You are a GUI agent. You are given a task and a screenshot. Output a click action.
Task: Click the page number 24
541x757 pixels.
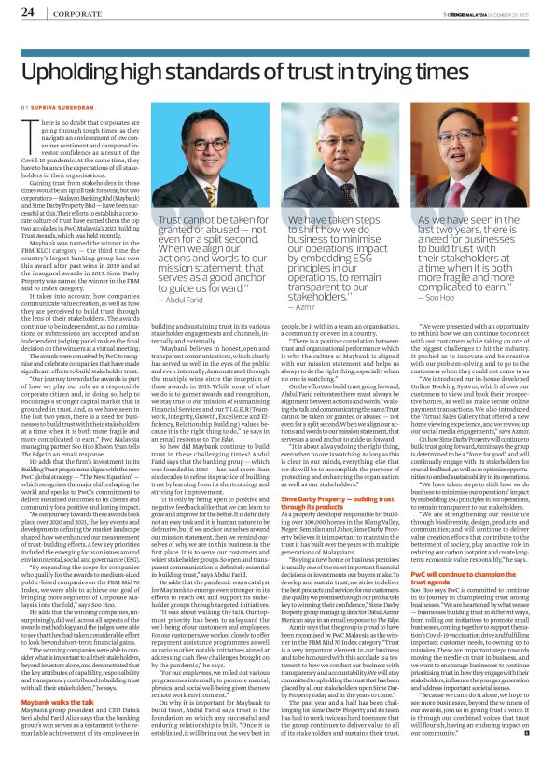28,12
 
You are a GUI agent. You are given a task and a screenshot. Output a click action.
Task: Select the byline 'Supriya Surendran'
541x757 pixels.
64,109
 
